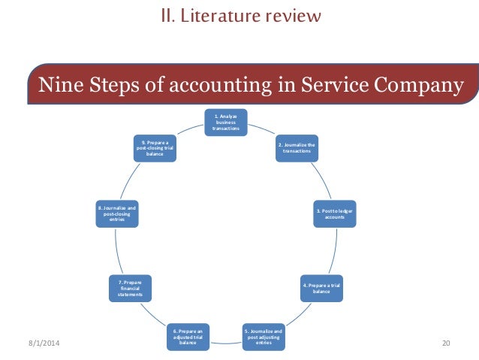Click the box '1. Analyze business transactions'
pos(226,123)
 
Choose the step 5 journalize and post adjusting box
pos(263,333)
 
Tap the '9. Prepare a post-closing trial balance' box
pos(155,147)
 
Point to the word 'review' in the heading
pos(295,14)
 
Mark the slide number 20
pos(446,343)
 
